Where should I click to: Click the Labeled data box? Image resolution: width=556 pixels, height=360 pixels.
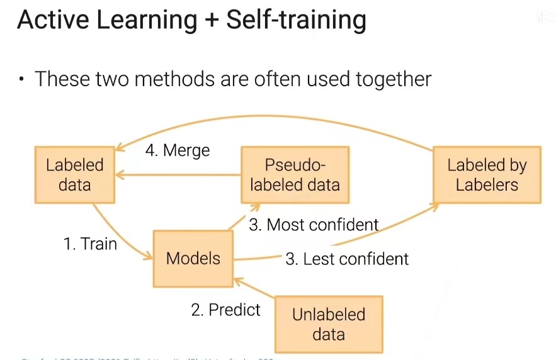pos(74,175)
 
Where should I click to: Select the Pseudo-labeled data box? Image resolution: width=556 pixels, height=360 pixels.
pos(295,175)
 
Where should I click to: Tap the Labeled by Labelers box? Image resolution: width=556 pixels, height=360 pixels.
pos(487,175)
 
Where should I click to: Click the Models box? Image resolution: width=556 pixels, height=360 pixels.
pos(193,258)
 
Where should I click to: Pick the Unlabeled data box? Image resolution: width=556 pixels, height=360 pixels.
pos(329,323)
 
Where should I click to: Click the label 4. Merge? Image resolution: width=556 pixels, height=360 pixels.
pos(178,151)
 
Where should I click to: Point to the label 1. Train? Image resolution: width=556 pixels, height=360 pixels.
pos(90,244)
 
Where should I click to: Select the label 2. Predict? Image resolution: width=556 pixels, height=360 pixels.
pos(225,310)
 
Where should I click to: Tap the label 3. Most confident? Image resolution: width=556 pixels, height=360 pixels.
pos(314,225)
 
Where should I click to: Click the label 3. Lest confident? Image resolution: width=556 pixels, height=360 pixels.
pos(347,259)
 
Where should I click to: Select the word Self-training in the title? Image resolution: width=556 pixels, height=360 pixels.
pos(296,20)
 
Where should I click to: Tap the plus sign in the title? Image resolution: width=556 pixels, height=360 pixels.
pos(211,21)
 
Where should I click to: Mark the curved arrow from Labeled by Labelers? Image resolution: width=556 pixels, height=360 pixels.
pos(271,117)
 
